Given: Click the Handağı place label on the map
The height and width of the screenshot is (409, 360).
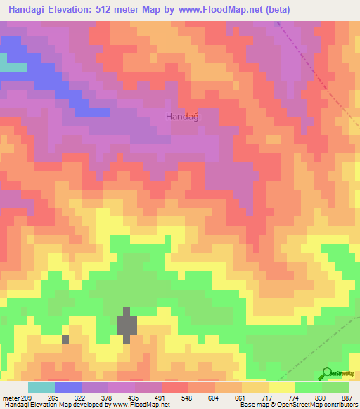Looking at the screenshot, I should click(184, 117).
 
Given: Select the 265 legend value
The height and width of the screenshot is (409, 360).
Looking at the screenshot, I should click(53, 398).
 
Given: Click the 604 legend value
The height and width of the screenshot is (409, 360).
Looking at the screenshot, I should click(224, 398).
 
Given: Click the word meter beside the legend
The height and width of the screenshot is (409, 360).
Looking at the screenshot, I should click(10, 398).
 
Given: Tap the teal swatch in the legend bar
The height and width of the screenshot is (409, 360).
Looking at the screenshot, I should click(41, 387).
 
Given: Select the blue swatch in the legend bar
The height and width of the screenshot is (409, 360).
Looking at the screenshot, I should click(67, 387).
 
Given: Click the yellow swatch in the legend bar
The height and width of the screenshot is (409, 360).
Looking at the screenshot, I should click(281, 387).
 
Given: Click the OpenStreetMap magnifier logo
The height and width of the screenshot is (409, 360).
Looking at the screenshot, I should click(327, 372).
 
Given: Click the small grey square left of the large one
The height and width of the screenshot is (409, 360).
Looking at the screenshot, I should click(66, 339).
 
